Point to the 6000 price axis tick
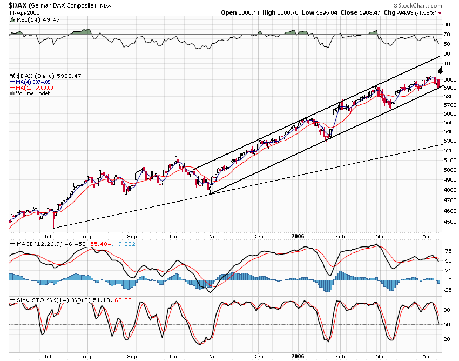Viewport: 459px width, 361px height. [x=449, y=79]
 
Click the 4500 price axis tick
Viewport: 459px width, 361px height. [x=449, y=222]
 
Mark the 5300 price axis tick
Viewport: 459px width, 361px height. [x=449, y=142]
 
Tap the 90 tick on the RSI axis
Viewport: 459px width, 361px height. [x=447, y=25]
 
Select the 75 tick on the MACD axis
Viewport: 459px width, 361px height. [x=447, y=251]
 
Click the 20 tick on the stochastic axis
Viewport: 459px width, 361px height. [x=447, y=339]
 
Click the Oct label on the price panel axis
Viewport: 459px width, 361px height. [x=174, y=236]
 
